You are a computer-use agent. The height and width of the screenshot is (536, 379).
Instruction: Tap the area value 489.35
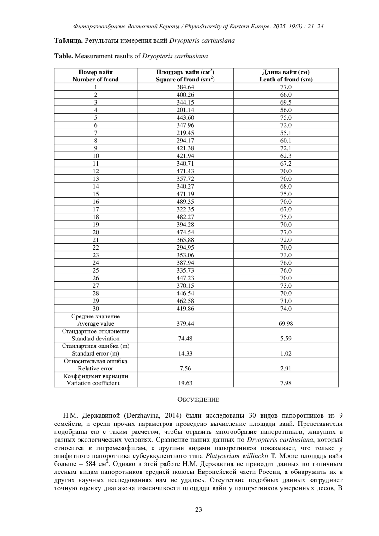tap(185, 202)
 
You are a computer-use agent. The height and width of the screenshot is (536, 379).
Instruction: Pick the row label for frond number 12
tap(96, 171)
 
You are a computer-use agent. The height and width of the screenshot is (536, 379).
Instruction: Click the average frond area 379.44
tap(185, 323)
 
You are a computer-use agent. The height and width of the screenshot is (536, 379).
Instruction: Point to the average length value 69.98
tap(286, 323)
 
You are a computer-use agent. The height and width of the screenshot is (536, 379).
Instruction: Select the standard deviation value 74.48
tap(185, 339)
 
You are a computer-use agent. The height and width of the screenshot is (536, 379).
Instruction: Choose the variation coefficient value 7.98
tap(286, 383)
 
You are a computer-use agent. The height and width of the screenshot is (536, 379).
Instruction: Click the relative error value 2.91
tap(286, 368)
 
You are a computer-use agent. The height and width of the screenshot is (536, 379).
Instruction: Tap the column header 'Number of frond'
tap(95, 80)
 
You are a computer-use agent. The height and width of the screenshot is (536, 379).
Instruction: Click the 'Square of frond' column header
tap(185, 80)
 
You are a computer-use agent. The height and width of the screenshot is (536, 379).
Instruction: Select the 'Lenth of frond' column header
tap(286, 80)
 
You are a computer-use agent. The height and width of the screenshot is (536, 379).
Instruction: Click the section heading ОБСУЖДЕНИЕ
tap(198, 400)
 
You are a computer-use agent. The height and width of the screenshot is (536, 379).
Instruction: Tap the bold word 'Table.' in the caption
tap(64, 56)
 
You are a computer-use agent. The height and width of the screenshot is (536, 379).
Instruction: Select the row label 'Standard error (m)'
tap(95, 353)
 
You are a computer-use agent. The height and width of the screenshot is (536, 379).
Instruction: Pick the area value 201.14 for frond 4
tap(185, 110)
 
